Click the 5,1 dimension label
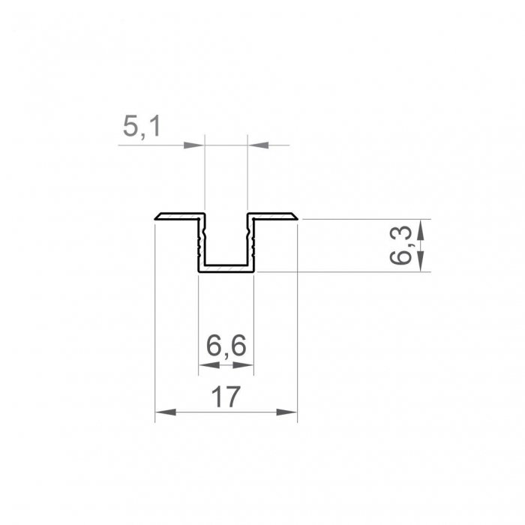click(142, 127)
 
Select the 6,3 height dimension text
click(403, 246)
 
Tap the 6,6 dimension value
click(226, 347)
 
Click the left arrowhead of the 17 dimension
click(164, 412)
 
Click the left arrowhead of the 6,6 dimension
click(206, 365)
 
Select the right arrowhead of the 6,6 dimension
click(245, 365)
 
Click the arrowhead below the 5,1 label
click(195, 145)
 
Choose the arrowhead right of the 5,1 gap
click(256, 145)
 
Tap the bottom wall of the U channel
click(226, 267)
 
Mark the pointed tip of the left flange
click(155, 219)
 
